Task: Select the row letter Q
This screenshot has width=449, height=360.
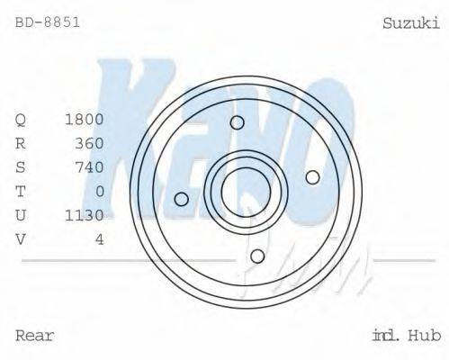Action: pos(22,119)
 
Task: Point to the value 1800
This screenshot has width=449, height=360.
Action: pos(85,119)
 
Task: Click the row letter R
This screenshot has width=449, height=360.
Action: pos(22,143)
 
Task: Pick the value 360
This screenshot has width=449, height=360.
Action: pos(89,143)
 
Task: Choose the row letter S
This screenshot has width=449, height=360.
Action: pos(22,166)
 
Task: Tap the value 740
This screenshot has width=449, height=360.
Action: pos(89,166)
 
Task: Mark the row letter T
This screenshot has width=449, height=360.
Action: pos(22,191)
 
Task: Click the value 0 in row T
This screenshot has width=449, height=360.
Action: pos(99,191)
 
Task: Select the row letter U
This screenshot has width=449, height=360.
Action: pos(22,215)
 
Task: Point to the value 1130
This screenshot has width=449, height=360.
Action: pos(85,215)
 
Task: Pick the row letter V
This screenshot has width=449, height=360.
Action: pos(22,238)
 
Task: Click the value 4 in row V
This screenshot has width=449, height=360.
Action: pos(99,238)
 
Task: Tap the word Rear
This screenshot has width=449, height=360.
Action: pos(35,336)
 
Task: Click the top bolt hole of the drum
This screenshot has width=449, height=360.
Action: pos(238,123)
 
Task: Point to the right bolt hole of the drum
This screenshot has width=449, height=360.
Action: pos(312,177)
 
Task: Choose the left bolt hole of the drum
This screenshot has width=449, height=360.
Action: pos(182,199)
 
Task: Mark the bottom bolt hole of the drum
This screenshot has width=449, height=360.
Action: pos(257,256)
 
